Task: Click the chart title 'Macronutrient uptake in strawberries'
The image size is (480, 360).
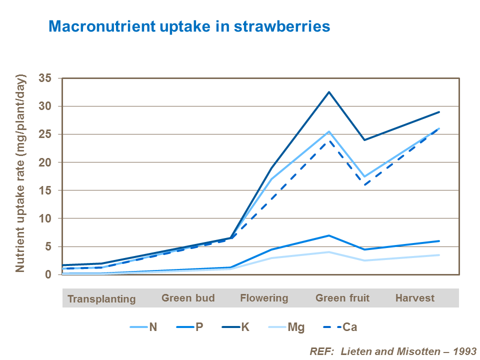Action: (x=189, y=26)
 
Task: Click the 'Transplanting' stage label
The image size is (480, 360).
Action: (x=101, y=299)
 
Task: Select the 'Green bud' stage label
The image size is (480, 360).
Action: (x=188, y=298)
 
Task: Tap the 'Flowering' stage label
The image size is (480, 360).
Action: (x=264, y=298)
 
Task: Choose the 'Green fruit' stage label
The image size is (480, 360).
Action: (x=342, y=298)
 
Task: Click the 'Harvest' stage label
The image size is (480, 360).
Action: (x=415, y=298)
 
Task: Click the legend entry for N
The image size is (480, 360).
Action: (x=144, y=327)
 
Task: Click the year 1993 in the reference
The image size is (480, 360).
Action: (x=464, y=351)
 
